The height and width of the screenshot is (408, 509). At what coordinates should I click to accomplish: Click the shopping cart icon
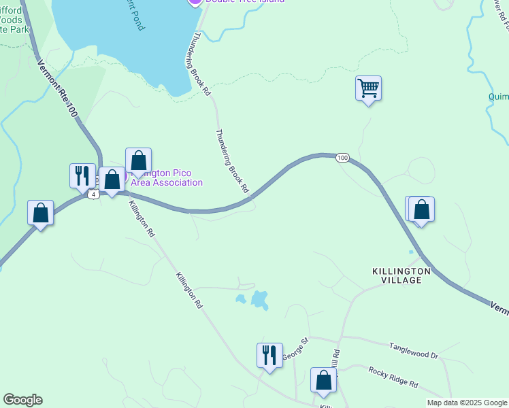tap(368, 88)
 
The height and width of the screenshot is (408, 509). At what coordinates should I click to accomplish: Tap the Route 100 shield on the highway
tap(343, 158)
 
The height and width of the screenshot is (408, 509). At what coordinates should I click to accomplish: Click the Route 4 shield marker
tap(93, 194)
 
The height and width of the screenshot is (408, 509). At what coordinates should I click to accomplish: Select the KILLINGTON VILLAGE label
tap(401, 275)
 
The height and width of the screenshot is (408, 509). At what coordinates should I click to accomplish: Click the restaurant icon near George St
tap(269, 356)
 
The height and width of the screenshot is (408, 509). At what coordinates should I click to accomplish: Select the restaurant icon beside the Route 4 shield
tap(82, 175)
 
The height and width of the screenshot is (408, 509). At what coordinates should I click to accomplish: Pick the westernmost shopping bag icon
tap(41, 213)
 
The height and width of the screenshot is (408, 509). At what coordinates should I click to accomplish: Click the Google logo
tap(23, 400)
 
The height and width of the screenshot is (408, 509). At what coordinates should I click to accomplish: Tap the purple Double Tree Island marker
tap(195, 2)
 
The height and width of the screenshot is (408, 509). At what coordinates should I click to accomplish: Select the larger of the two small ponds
tap(259, 299)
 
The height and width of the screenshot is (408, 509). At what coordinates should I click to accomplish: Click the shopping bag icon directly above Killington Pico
tap(138, 161)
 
